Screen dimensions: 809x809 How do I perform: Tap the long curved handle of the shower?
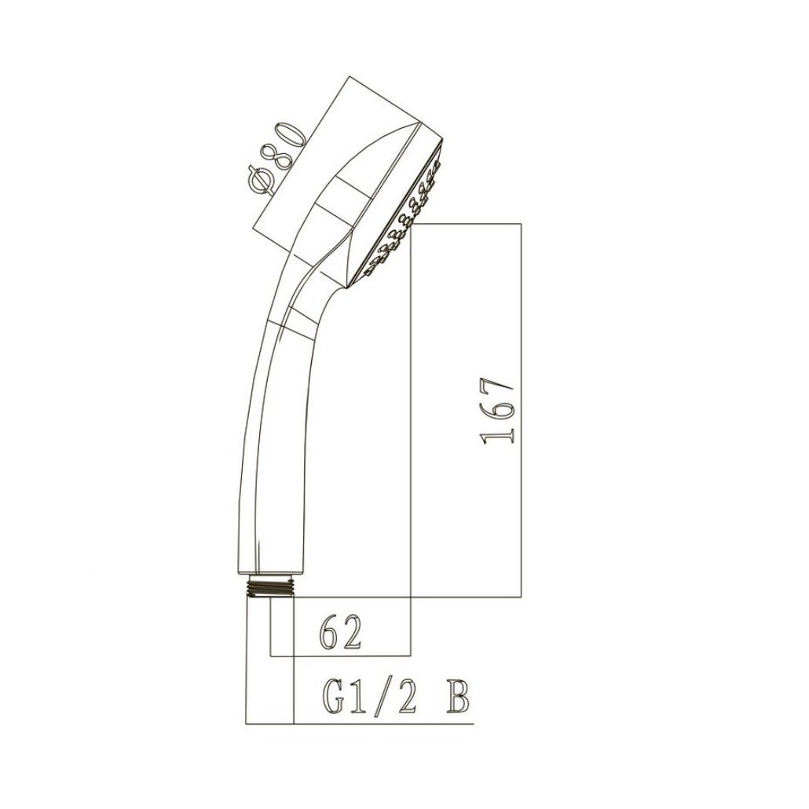point(271,440)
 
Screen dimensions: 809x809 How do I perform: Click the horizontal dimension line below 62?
point(340,654)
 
